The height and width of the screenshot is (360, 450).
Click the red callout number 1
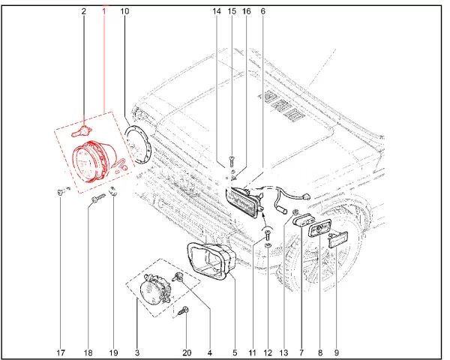[104, 11]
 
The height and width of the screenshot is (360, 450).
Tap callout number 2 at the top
[84, 11]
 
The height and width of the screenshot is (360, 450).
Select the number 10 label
[124, 11]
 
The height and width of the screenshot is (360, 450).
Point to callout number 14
[217, 11]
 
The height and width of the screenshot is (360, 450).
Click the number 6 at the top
[263, 11]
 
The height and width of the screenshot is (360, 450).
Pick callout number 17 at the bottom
[61, 352]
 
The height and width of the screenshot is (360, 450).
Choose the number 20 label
[187, 352]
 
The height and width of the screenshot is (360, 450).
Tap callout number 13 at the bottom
[283, 352]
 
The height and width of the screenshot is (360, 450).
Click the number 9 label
[336, 352]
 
